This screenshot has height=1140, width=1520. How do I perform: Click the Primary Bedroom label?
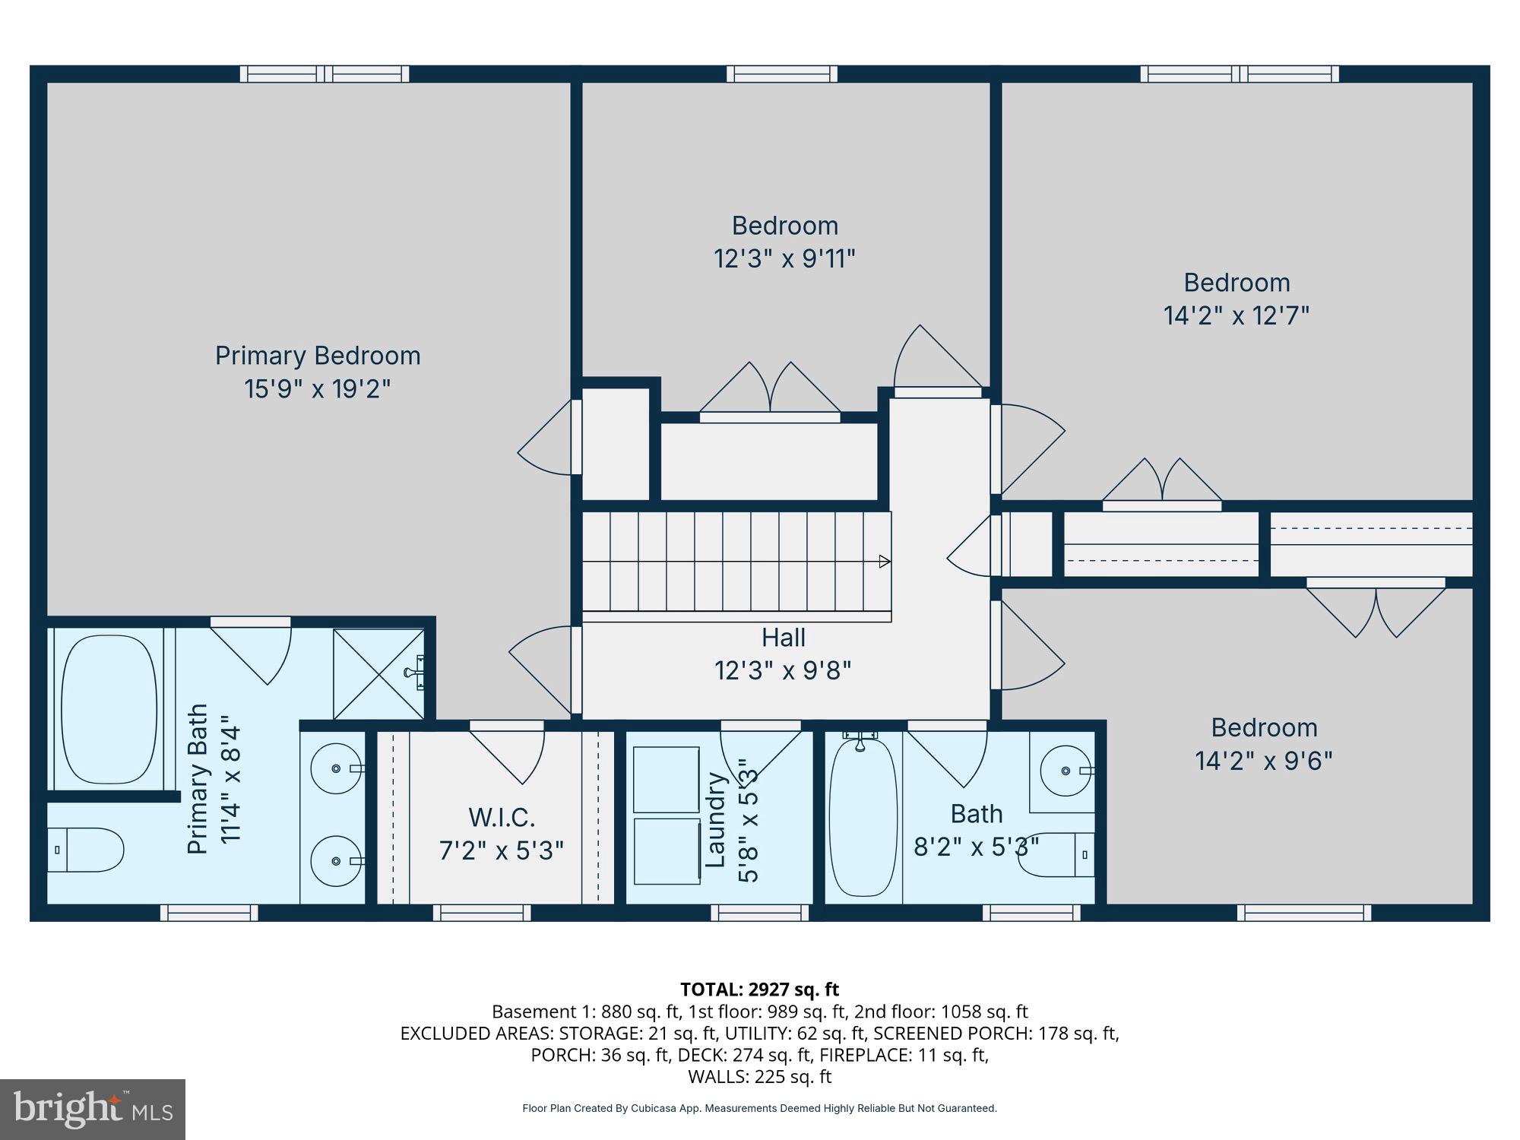[x=318, y=356]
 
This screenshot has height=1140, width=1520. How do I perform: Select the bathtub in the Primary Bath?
[x=109, y=709]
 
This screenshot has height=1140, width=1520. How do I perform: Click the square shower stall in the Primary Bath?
[x=378, y=673]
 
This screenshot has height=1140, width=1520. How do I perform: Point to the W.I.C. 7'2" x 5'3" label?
[x=502, y=834]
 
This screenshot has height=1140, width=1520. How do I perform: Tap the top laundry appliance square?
[x=667, y=779]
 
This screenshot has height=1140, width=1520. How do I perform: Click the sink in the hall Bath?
[x=1065, y=771]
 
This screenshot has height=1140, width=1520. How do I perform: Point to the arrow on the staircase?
[x=884, y=562]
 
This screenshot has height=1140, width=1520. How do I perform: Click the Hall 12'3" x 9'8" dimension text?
[x=783, y=671]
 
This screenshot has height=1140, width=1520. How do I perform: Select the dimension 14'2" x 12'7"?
[x=1237, y=315]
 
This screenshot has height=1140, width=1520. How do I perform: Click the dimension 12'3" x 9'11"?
[x=784, y=259]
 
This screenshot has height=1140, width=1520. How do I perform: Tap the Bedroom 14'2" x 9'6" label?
[x=1264, y=744]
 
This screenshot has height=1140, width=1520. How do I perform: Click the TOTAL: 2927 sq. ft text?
[x=759, y=990]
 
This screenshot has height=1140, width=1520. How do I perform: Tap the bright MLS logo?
[x=93, y=1109]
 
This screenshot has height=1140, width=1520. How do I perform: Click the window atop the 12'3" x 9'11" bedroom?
[x=782, y=74]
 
